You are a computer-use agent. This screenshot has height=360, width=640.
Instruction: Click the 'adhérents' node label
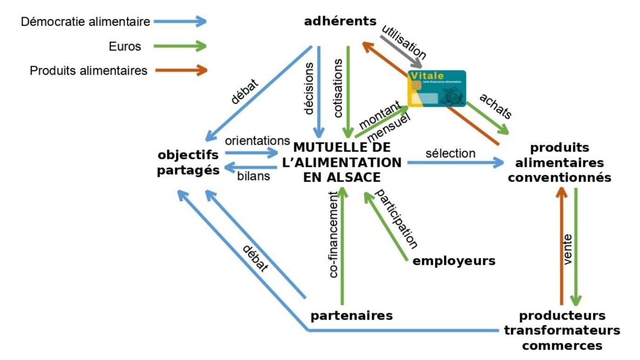340,21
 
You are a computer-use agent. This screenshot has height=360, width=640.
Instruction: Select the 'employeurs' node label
454,261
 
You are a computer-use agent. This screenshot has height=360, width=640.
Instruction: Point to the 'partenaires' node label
351,316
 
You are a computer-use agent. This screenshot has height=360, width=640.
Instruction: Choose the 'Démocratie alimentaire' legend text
86,21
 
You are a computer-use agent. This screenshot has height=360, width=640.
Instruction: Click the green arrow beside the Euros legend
180,46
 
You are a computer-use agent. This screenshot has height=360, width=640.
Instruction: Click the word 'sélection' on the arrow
450,153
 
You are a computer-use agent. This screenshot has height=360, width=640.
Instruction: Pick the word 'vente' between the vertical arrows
568,249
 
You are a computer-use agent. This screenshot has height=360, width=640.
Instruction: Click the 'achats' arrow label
495,106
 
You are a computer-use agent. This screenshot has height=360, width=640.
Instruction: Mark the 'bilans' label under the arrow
254,177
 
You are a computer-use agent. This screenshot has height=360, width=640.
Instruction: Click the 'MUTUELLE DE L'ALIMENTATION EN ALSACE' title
342,163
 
